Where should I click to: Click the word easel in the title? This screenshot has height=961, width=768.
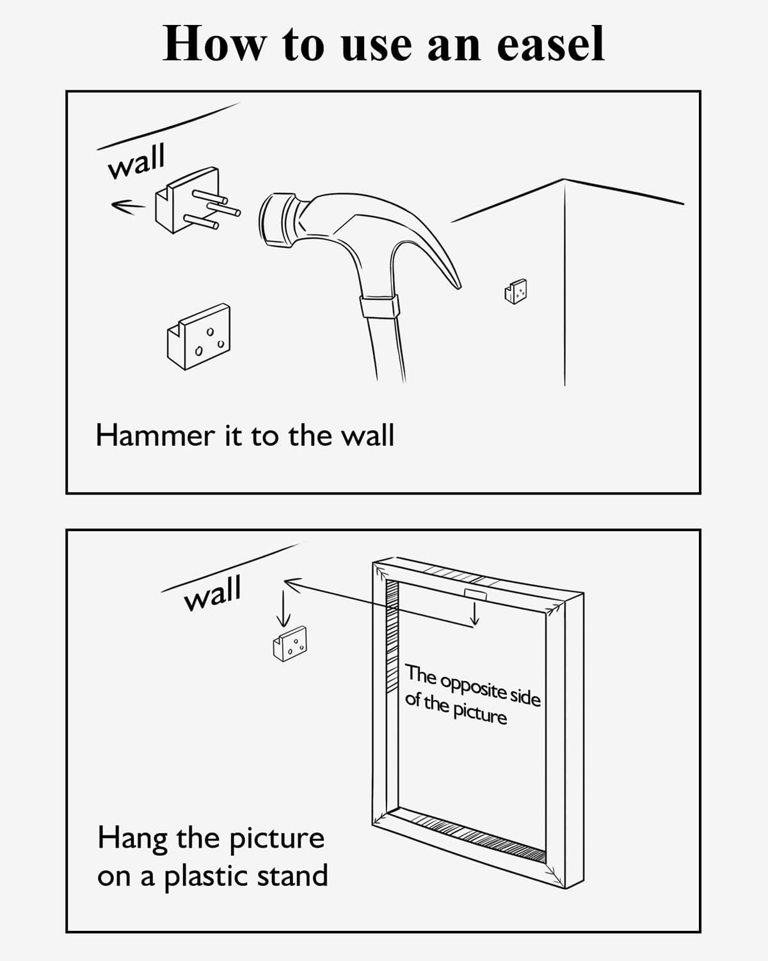(x=550, y=44)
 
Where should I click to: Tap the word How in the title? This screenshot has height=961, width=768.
(x=215, y=44)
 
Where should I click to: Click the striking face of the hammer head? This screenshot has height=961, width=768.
(x=269, y=219)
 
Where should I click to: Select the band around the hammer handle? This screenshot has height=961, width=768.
(x=379, y=306)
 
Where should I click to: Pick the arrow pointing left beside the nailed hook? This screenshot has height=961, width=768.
(x=128, y=206)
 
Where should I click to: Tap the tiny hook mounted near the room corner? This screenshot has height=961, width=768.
(x=516, y=291)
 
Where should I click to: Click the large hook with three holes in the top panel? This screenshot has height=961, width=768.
(x=199, y=337)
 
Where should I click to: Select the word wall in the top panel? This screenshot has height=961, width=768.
(x=136, y=161)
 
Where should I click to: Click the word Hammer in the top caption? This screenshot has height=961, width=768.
(x=155, y=436)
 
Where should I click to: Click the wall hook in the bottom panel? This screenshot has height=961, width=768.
(x=290, y=643)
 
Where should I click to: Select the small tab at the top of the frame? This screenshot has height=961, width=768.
(x=476, y=595)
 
